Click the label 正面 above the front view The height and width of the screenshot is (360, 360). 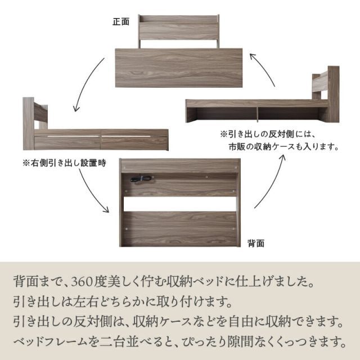[121, 22]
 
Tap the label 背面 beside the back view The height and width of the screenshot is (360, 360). [256, 243]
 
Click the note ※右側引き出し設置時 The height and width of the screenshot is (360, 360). [64, 163]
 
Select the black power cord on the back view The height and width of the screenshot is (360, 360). [139, 179]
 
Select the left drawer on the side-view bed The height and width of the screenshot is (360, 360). [67, 141]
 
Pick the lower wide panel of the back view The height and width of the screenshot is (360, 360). [180, 228]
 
